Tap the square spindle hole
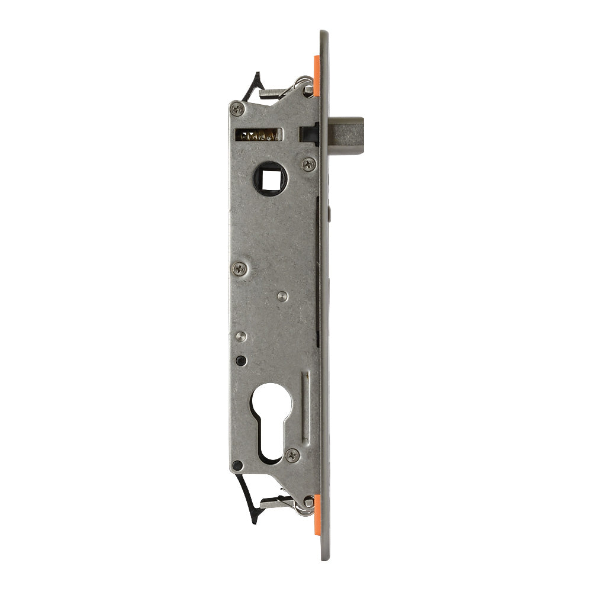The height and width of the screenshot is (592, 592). tap(271, 177)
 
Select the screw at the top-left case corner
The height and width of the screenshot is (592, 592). tap(237, 108)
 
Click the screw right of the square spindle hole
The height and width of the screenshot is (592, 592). tap(308, 164)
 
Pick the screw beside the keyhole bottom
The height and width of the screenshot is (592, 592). tap(292, 455)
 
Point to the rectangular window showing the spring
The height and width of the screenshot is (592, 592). tap(259, 135)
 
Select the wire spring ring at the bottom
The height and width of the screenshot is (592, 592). tap(304, 507)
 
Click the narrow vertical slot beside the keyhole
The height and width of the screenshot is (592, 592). tap(305, 408)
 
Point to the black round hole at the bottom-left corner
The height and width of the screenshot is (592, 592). tap(237, 465)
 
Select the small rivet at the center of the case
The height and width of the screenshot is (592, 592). tap(283, 295)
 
